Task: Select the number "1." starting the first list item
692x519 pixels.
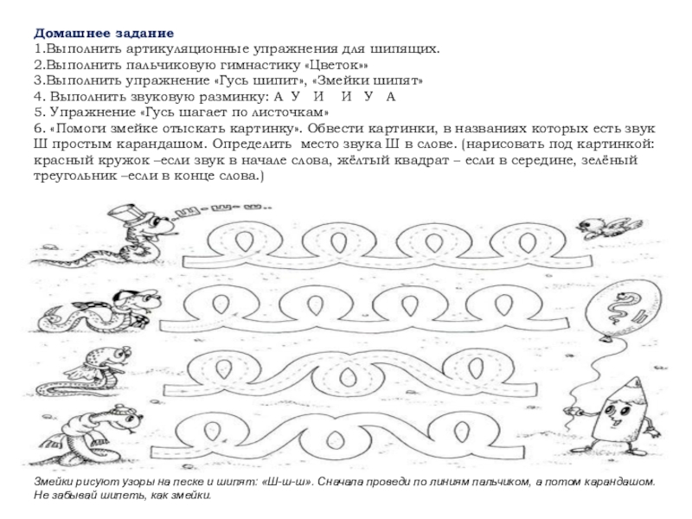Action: pos(40,48)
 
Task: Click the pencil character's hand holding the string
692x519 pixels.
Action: pos(569,413)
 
